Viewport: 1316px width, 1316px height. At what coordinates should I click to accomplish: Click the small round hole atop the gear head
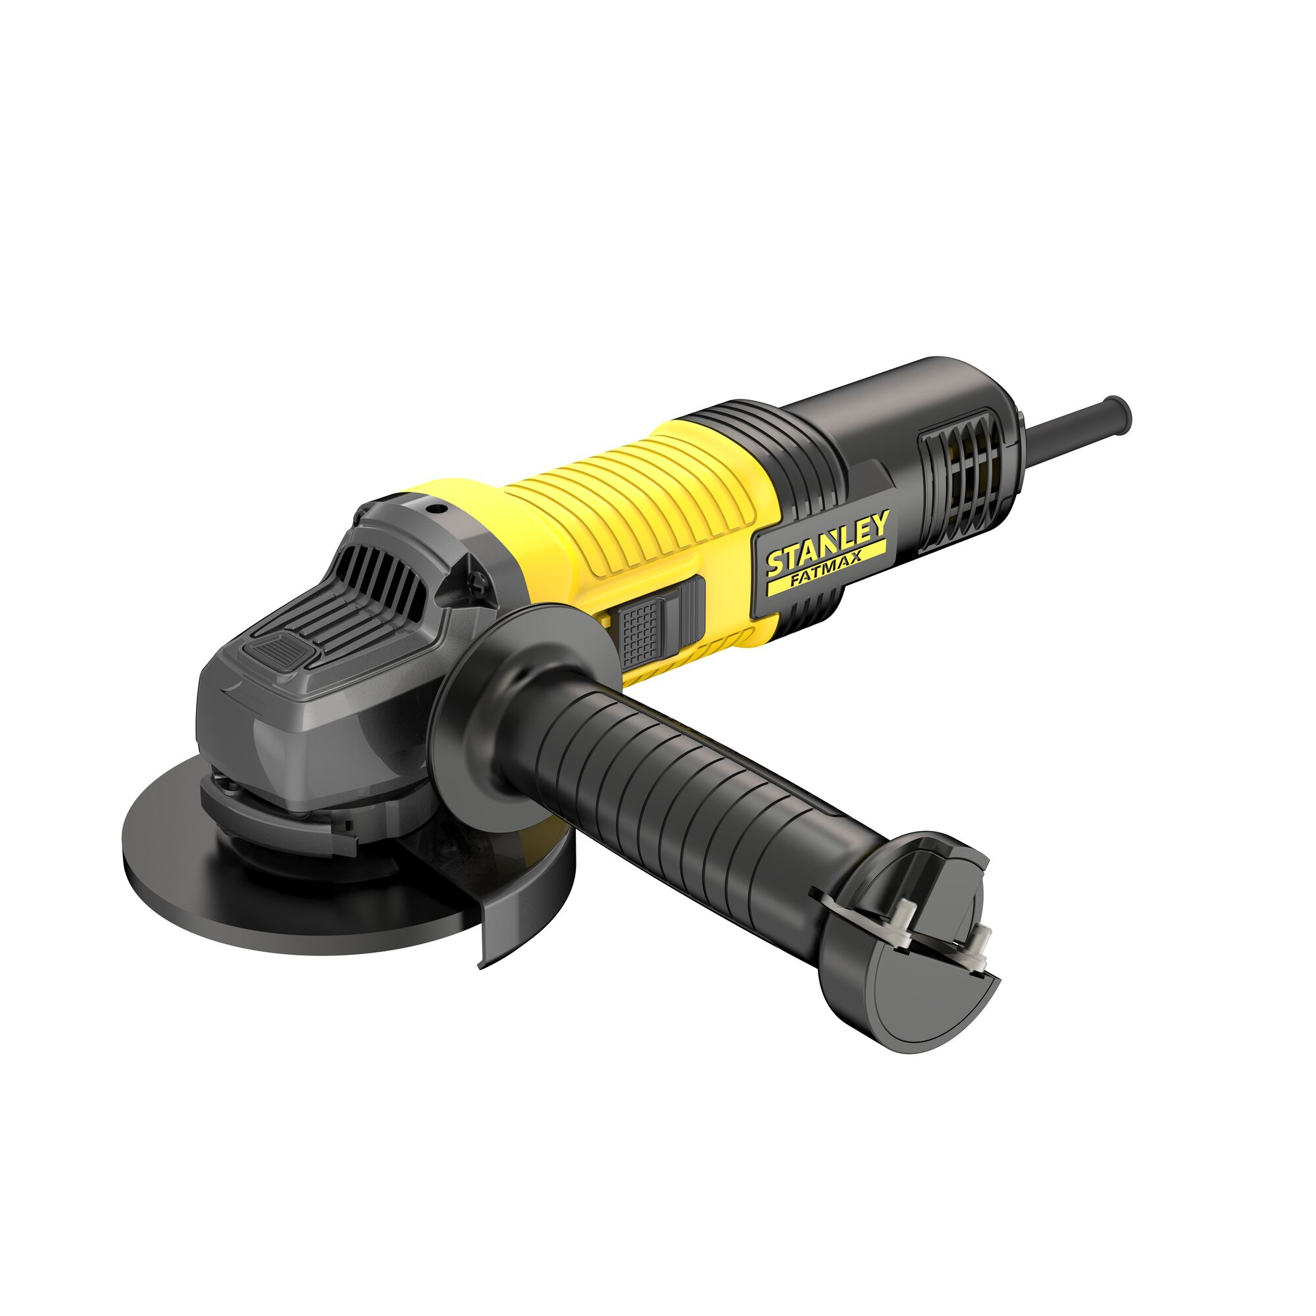[x=433, y=507]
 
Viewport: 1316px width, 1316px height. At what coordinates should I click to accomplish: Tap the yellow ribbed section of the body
[x=634, y=504]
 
